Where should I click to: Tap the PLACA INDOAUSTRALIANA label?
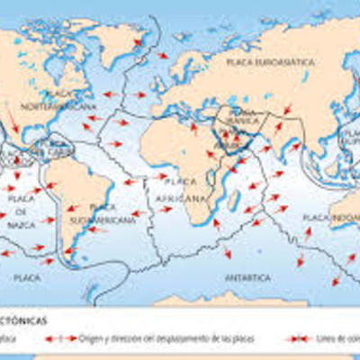point(329,218)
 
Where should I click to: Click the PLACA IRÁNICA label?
point(243,115)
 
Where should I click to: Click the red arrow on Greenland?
point(139,42)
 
